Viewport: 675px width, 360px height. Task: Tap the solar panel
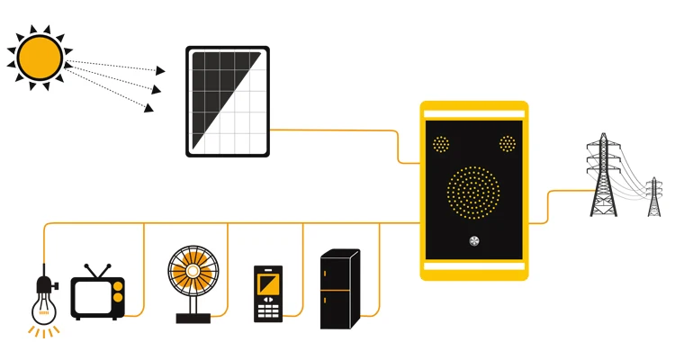(x=227, y=102)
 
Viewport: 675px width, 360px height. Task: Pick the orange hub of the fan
(x=192, y=272)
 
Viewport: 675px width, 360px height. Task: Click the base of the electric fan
(x=192, y=317)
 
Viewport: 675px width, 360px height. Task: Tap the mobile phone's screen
(x=268, y=287)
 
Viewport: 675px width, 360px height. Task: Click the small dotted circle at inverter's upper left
(x=441, y=144)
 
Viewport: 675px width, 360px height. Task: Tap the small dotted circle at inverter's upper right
(x=508, y=144)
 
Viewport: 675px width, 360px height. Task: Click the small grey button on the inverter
(x=474, y=240)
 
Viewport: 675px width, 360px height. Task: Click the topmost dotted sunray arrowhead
(x=160, y=69)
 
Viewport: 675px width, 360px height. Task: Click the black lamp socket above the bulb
(x=41, y=286)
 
